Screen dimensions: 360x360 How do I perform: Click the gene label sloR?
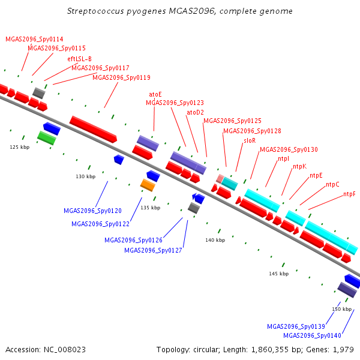click(x=250, y=140)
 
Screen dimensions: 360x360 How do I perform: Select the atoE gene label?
click(x=155, y=94)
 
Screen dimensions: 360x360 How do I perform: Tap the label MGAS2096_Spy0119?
click(x=121, y=77)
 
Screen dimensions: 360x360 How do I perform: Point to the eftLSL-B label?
click(x=79, y=59)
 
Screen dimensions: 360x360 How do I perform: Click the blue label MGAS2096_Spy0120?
click(x=92, y=211)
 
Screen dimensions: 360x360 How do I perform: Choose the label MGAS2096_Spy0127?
click(x=153, y=250)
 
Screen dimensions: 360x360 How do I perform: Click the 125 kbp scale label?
click(x=20, y=147)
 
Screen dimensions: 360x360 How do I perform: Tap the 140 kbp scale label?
click(x=215, y=240)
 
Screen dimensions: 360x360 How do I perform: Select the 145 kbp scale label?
click(x=279, y=274)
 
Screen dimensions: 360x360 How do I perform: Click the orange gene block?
click(x=148, y=185)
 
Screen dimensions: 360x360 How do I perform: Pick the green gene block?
click(x=47, y=138)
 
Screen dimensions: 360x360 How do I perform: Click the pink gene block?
click(x=220, y=179)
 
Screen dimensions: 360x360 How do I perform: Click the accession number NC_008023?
click(x=65, y=350)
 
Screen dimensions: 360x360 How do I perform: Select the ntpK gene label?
click(x=299, y=166)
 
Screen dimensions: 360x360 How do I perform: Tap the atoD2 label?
click(x=195, y=112)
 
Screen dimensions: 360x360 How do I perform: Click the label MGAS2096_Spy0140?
click(x=312, y=335)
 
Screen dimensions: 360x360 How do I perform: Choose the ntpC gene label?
click(x=332, y=184)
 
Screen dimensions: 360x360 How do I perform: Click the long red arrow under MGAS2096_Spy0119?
click(x=93, y=129)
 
